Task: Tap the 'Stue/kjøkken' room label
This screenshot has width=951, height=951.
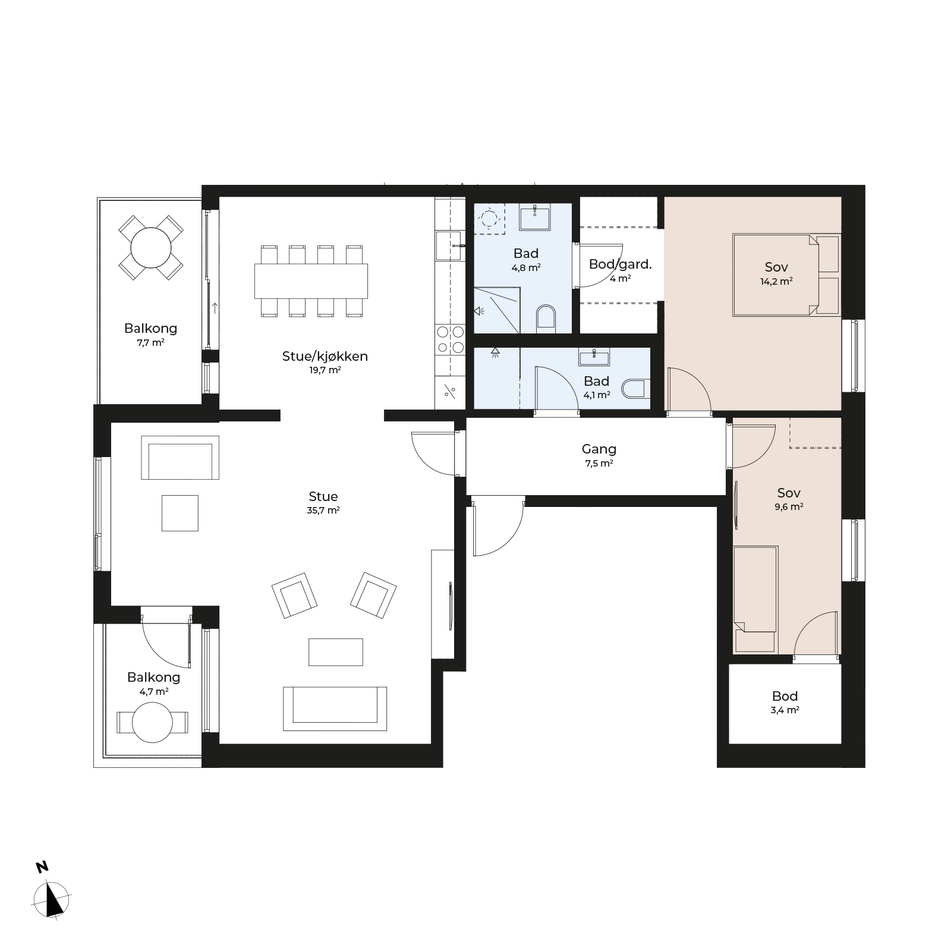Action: pos(325,356)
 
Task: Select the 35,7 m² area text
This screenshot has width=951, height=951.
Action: pos(323,510)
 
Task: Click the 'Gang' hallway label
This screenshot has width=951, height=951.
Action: pos(599,449)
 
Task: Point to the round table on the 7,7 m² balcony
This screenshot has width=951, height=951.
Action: pos(151,247)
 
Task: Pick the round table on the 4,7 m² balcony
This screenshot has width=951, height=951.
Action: pos(152,722)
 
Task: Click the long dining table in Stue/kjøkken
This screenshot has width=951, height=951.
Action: pos(311,281)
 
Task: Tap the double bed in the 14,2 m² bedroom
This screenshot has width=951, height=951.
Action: pos(786,275)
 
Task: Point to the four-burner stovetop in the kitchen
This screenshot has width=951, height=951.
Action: pos(450,340)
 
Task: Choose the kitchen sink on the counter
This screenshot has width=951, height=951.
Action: pos(449,245)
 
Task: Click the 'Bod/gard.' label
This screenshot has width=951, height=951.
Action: pos(620,264)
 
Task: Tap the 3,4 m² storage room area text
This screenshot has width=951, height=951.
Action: pos(785,710)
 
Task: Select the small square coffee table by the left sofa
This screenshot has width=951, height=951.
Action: pos(180,513)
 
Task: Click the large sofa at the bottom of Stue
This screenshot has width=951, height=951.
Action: pos(335,708)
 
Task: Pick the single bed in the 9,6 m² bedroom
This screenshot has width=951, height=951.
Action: pos(755,599)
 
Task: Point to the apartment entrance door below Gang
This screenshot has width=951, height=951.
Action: pos(498,526)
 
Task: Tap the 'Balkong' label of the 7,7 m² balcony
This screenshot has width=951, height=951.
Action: pos(150,328)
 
